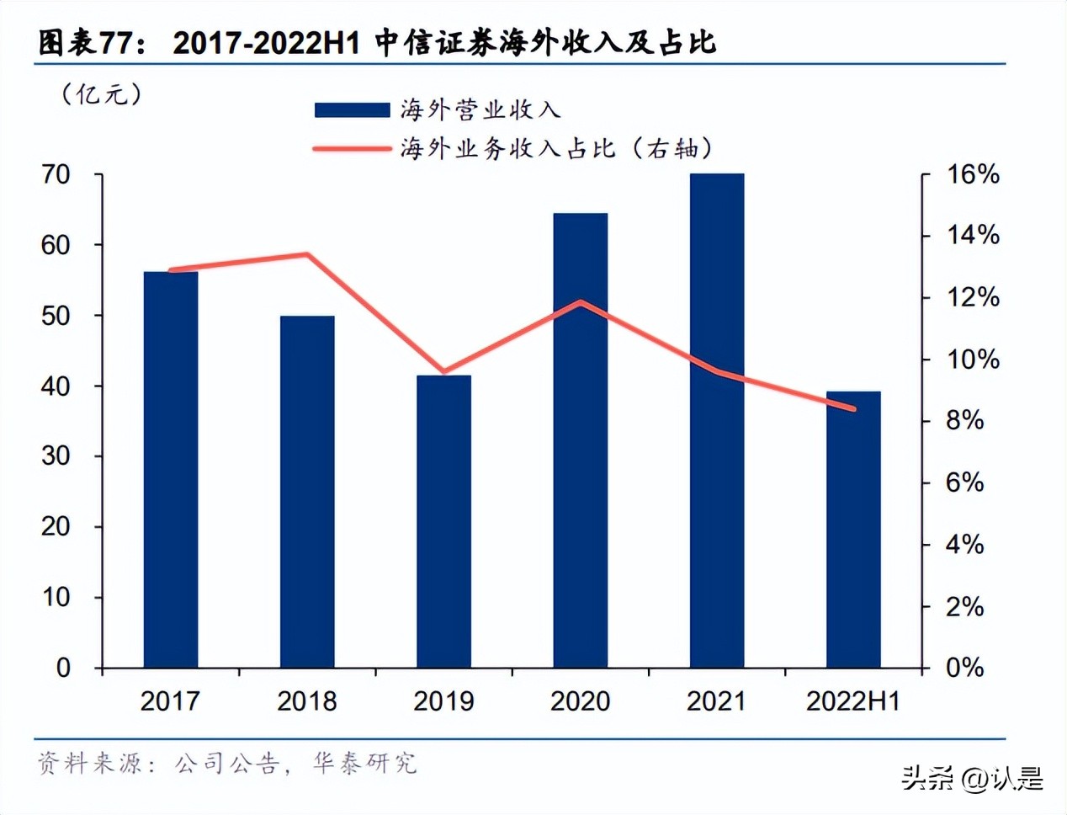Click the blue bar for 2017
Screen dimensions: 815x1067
[171, 469]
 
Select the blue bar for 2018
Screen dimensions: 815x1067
[307, 492]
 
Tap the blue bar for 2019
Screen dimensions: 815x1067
[443, 521]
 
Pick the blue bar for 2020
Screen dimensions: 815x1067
[580, 440]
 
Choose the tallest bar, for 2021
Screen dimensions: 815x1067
[716, 420]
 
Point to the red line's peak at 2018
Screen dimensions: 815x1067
[307, 254]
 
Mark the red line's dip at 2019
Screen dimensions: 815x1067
[443, 371]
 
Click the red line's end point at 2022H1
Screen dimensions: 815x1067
[853, 409]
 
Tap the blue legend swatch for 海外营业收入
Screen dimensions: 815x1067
[352, 110]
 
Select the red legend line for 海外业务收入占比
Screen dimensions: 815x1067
[352, 149]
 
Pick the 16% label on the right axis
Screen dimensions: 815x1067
[973, 174]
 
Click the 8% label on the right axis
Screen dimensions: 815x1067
[964, 420]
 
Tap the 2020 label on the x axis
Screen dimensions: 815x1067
[580, 700]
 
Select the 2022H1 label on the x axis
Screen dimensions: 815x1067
[852, 700]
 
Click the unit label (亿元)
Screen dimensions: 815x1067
[101, 93]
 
